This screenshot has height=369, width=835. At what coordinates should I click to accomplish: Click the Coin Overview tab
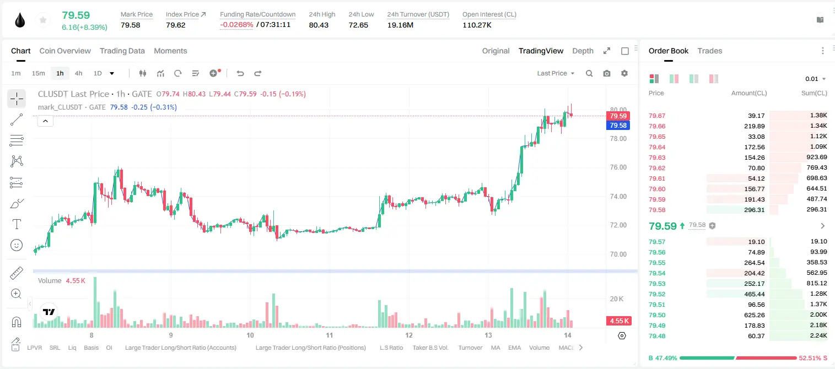[65, 51]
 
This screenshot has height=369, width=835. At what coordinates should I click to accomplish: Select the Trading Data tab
[122, 51]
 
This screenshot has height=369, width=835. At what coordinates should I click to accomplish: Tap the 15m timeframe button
[38, 73]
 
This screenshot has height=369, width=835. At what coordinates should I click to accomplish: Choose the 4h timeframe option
[78, 73]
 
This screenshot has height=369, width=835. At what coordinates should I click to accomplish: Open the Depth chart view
[583, 51]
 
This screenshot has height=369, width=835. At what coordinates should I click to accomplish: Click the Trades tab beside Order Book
[709, 51]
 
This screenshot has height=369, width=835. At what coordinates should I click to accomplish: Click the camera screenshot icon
[606, 73]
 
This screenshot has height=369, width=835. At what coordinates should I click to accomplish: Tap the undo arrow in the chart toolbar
[240, 73]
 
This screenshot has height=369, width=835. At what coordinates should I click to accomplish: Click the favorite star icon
[43, 20]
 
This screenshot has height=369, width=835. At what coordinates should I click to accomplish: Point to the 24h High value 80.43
[319, 25]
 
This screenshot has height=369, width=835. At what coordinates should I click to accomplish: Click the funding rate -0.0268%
[236, 25]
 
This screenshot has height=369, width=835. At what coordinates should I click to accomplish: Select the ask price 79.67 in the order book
[657, 116]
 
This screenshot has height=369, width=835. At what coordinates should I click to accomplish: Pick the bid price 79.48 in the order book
[657, 336]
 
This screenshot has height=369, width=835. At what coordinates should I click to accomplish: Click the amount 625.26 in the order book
[754, 315]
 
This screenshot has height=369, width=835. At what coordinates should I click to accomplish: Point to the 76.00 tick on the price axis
[618, 167]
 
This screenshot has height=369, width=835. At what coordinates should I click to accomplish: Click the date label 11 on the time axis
[329, 335]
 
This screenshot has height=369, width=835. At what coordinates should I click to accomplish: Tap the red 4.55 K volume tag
[618, 321]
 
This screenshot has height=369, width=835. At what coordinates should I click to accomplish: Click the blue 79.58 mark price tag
[618, 126]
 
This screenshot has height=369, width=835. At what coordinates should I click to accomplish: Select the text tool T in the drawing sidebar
[17, 224]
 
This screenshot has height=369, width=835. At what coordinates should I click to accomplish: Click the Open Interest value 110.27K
[477, 25]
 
